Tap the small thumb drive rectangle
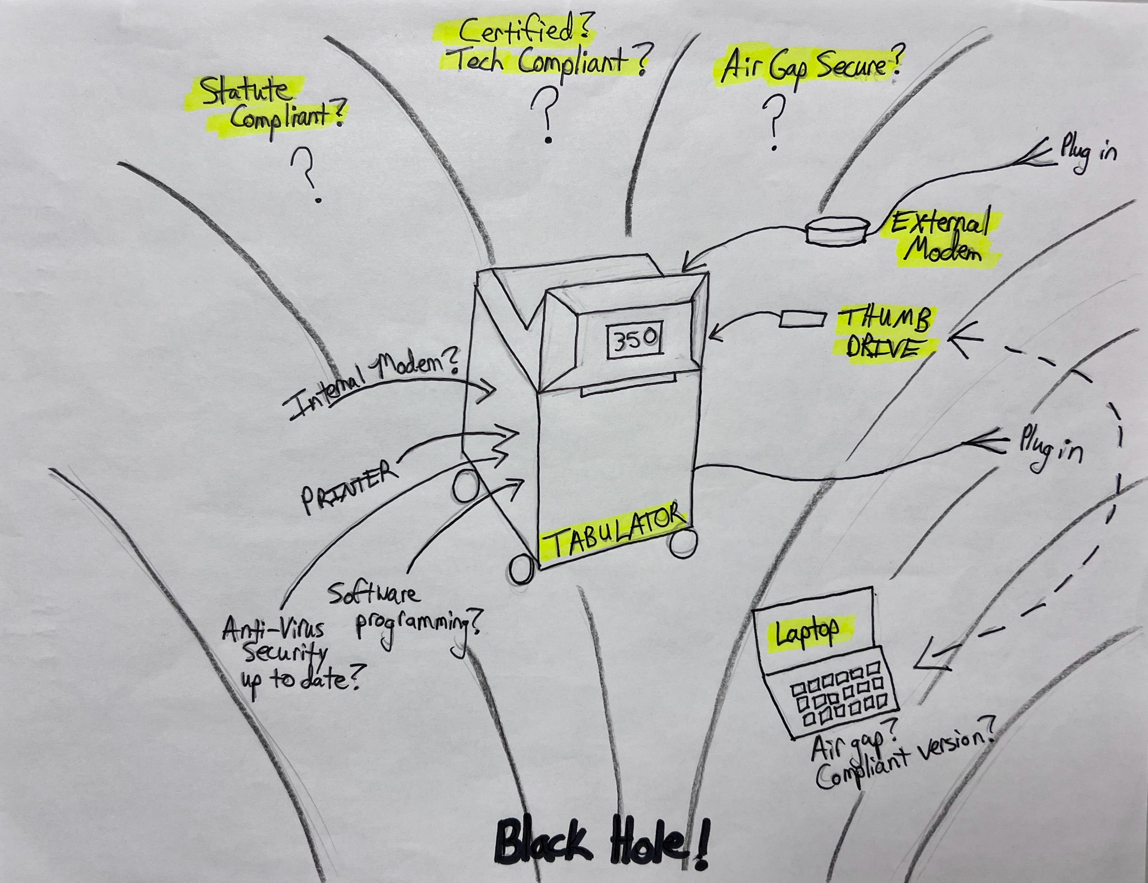[802, 319]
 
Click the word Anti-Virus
[273, 630]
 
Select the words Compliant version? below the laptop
[904, 757]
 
